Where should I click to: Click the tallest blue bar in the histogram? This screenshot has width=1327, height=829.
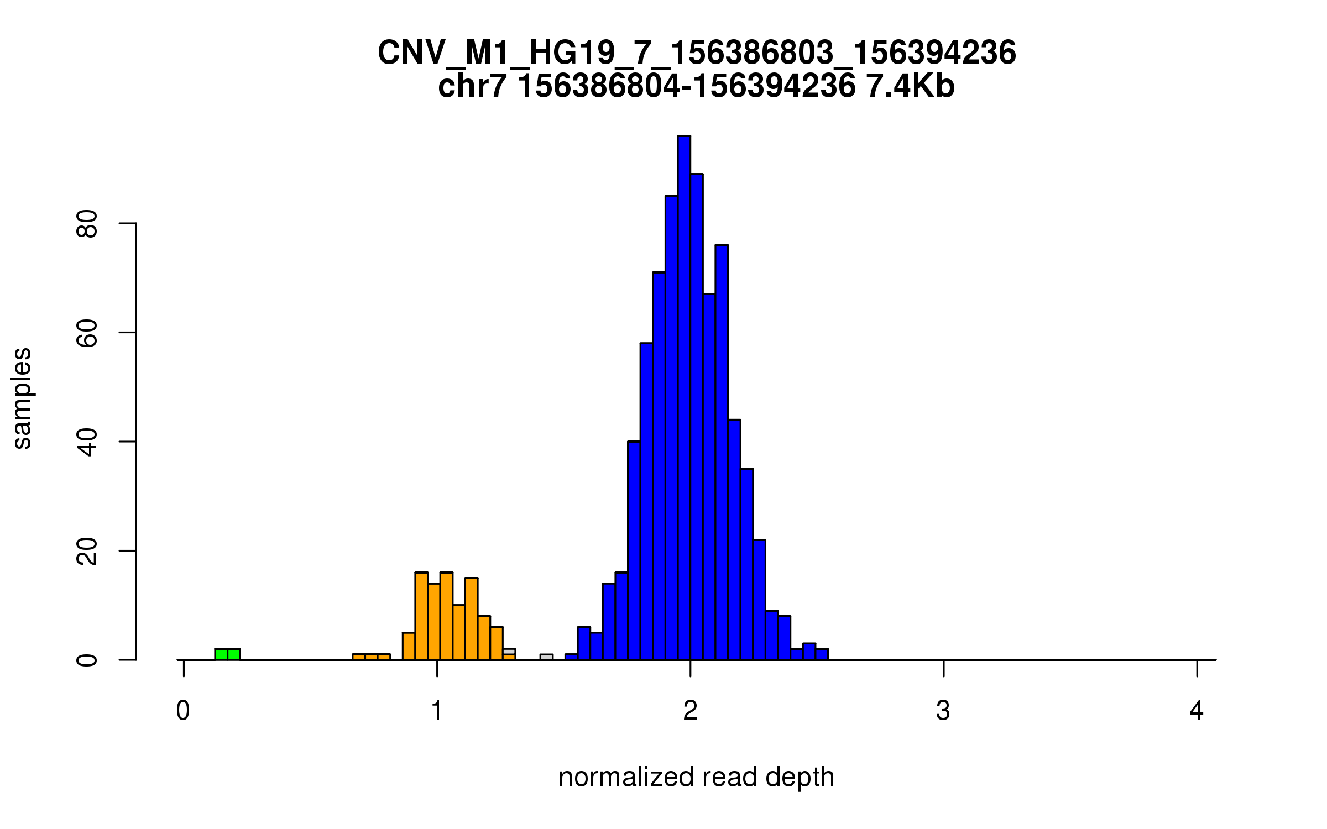click(684, 398)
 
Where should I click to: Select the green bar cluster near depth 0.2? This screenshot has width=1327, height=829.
click(227, 654)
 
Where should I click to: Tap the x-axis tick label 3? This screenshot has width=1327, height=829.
click(943, 711)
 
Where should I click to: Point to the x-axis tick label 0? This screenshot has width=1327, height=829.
click(183, 711)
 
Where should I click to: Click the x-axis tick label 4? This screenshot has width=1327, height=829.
click(1197, 711)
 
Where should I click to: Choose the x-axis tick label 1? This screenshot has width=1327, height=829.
click(437, 711)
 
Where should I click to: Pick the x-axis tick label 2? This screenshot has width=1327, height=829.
click(690, 711)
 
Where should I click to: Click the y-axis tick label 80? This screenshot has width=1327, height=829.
click(87, 223)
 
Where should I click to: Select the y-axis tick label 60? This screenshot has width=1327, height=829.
click(87, 333)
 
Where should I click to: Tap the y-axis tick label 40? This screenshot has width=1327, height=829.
click(87, 442)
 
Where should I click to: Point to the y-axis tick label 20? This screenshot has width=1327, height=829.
click(87, 551)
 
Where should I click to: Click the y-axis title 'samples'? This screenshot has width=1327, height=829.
click(22, 398)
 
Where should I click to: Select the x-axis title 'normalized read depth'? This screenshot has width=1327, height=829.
click(696, 777)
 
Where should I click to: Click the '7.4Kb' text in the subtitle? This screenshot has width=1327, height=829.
click(910, 86)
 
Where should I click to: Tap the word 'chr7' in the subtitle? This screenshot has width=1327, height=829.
click(472, 86)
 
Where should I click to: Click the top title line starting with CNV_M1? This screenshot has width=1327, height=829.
click(696, 53)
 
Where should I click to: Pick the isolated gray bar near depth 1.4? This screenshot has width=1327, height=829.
click(546, 657)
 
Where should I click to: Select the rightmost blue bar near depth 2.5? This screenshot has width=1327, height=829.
click(822, 654)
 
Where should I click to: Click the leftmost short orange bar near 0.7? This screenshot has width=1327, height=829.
click(359, 657)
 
